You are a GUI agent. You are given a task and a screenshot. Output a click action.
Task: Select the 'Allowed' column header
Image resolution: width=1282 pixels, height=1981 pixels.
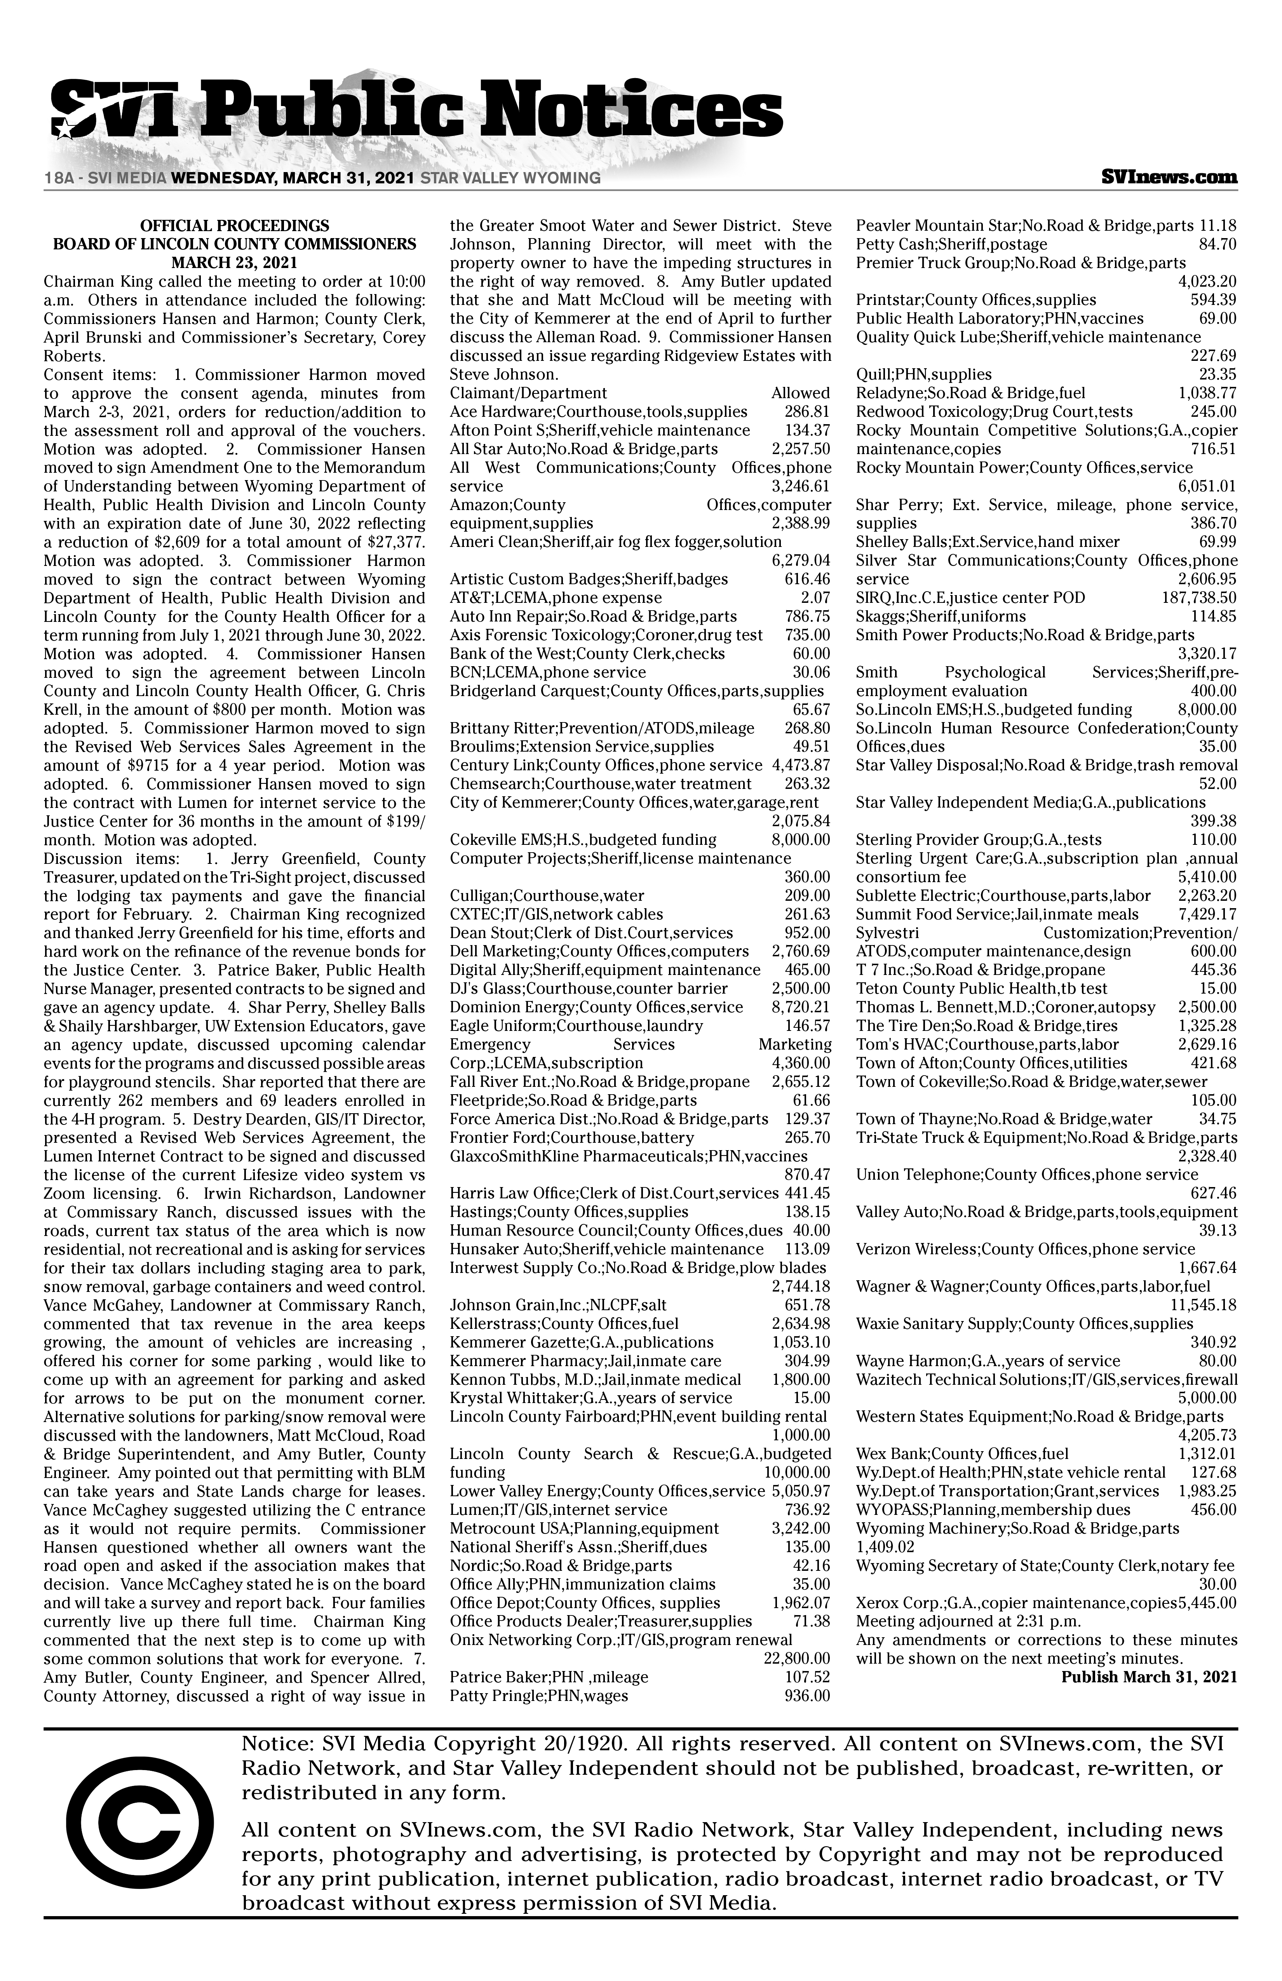tap(800, 393)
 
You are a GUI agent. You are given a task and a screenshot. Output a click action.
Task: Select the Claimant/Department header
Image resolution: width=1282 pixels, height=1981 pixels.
tap(528, 393)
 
